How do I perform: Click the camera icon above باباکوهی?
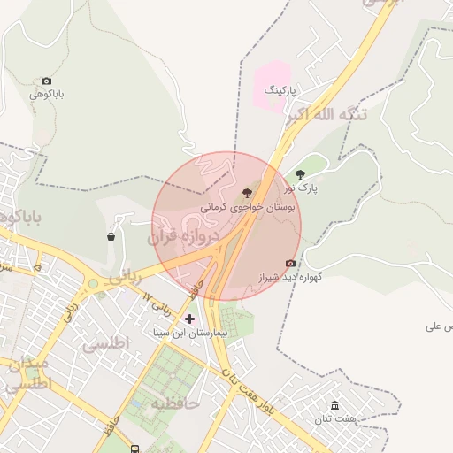click(46, 81)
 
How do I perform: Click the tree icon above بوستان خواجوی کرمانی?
click(246, 193)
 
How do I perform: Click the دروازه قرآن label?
click(182, 237)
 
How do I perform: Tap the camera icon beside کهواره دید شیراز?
click(290, 263)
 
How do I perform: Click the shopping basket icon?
click(111, 236)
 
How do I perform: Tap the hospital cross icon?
click(189, 319)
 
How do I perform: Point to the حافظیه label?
click(176, 403)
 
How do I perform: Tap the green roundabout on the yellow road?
click(93, 284)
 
